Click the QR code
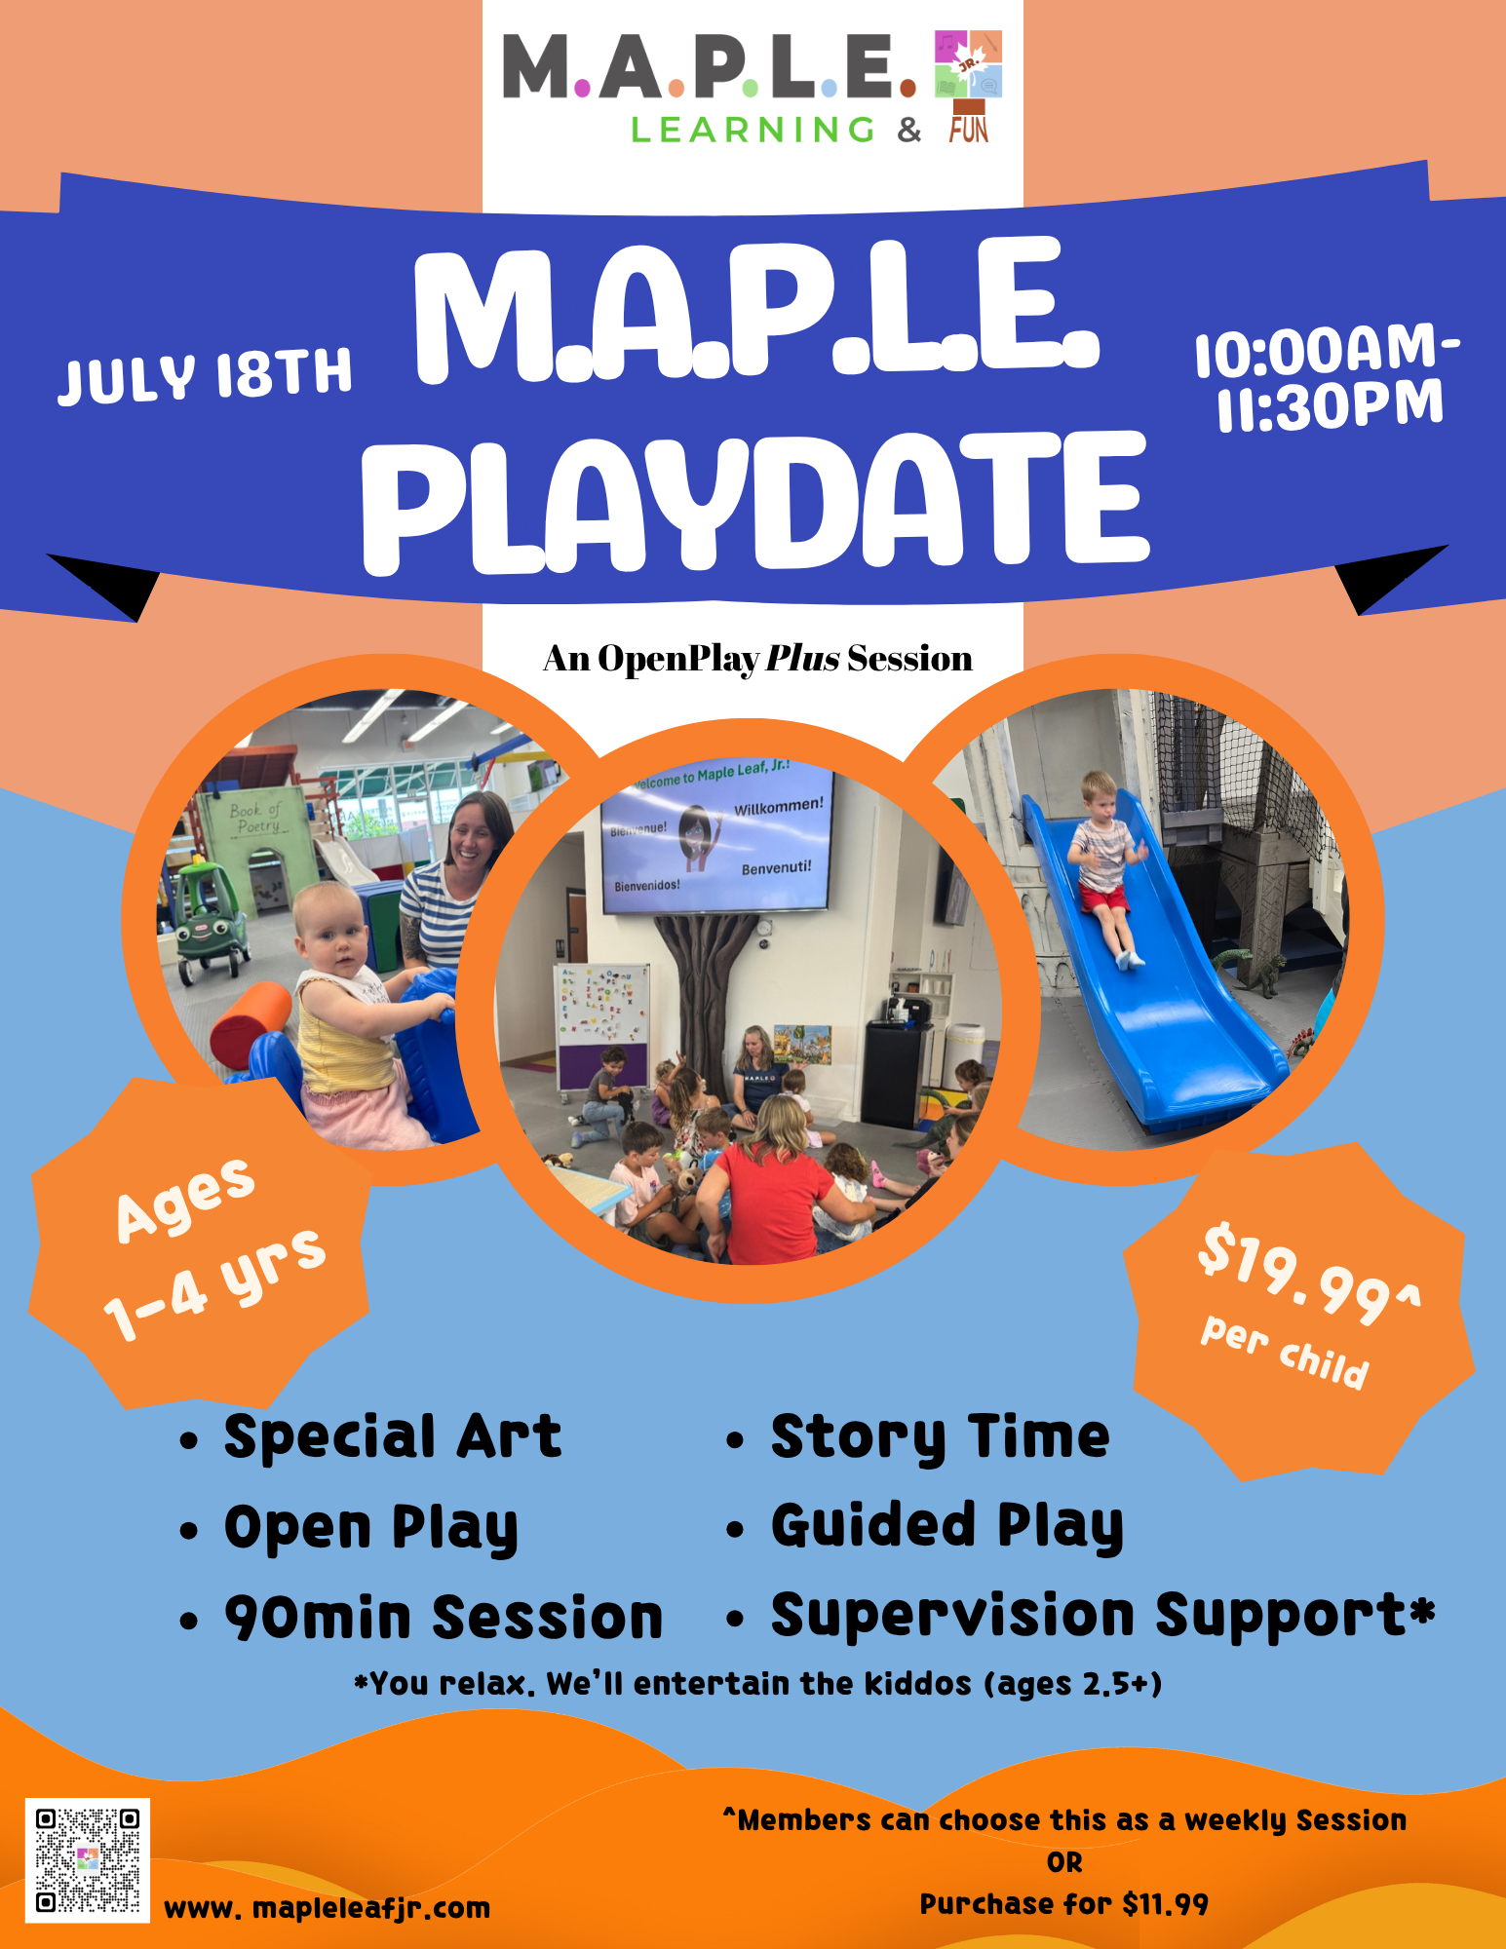pyautogui.click(x=87, y=1860)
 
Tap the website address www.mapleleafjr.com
pyautogui.click(x=328, y=1907)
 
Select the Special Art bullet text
pyautogui.click(x=393, y=1437)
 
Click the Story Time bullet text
pyautogui.click(x=940, y=1437)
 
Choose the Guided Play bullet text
pyautogui.click(x=946, y=1527)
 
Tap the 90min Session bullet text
pyautogui.click(x=444, y=1618)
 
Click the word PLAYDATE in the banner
pyautogui.click(x=756, y=502)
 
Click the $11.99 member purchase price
pyautogui.click(x=1165, y=1904)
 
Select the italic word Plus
pyautogui.click(x=802, y=659)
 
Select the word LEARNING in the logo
pyautogui.click(x=753, y=130)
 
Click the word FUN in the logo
pyautogui.click(x=969, y=130)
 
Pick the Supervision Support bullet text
pyautogui.click(x=1102, y=1618)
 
